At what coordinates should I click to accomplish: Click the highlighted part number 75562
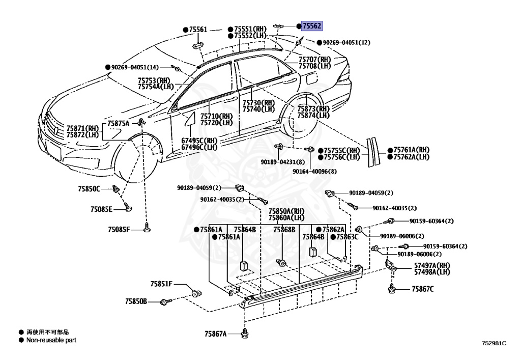311,25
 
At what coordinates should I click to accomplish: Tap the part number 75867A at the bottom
215,334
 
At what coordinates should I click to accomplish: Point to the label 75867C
422,290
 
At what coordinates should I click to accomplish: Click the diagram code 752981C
494,343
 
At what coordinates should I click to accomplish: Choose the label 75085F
119,230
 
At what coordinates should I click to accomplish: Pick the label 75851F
161,284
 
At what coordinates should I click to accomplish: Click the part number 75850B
136,301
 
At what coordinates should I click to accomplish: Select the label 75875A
118,124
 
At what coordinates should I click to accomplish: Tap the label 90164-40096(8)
314,172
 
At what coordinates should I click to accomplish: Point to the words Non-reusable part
51,340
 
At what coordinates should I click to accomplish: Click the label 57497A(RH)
432,265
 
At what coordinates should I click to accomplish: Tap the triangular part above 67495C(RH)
190,119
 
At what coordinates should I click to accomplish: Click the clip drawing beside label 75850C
117,189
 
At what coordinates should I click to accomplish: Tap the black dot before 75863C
332,237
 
